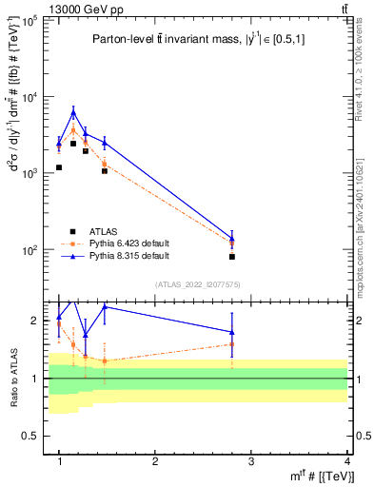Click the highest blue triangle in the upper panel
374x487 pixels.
[x=73, y=112]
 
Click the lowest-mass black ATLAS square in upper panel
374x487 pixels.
[x=59, y=167]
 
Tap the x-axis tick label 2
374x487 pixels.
[x=155, y=460]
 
